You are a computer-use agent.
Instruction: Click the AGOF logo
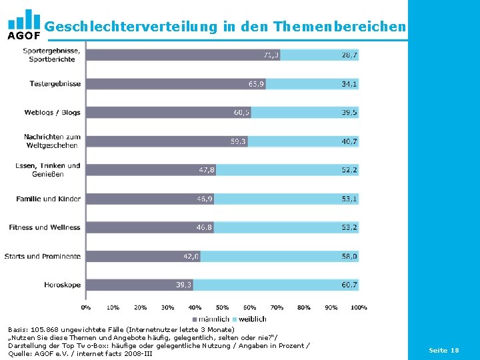pos(23,25)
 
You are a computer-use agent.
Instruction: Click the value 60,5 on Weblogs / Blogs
pos(241,113)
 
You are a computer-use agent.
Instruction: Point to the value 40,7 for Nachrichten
pos(349,141)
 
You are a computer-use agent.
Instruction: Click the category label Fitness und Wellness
pos(45,227)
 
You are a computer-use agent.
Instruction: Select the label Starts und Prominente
pos(43,256)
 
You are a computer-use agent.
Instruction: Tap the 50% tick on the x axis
pos(222,307)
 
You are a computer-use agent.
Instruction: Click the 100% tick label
pos(359,307)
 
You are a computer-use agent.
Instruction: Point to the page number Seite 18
pos(443,350)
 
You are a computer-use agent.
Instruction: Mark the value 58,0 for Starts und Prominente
pos(349,256)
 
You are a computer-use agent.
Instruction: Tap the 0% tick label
pos(86,307)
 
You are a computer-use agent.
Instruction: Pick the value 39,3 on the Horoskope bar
pos(184,285)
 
